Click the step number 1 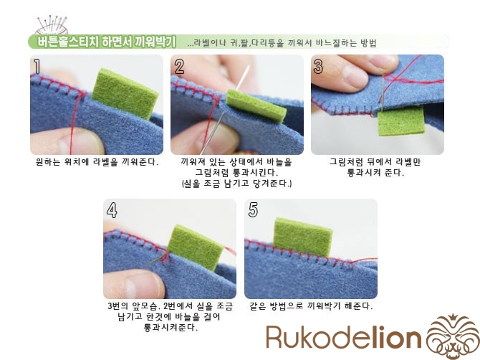pyautogui.click(x=37, y=66)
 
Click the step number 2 pyautogui.click(x=179, y=67)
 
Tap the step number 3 pyautogui.click(x=318, y=67)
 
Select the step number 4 pyautogui.click(x=112, y=210)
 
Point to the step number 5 pyautogui.click(x=253, y=210)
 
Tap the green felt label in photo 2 pyautogui.click(x=256, y=106)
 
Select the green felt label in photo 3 pyautogui.click(x=401, y=120)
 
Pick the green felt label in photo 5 pyautogui.click(x=302, y=237)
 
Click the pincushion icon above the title pyautogui.click(x=52, y=25)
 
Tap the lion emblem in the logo pyautogui.click(x=453, y=336)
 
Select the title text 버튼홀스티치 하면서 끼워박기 pyautogui.click(x=107, y=42)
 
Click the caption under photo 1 pyautogui.click(x=97, y=162)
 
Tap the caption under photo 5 pyautogui.click(x=311, y=305)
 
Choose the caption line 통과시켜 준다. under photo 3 pyautogui.click(x=375, y=173)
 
